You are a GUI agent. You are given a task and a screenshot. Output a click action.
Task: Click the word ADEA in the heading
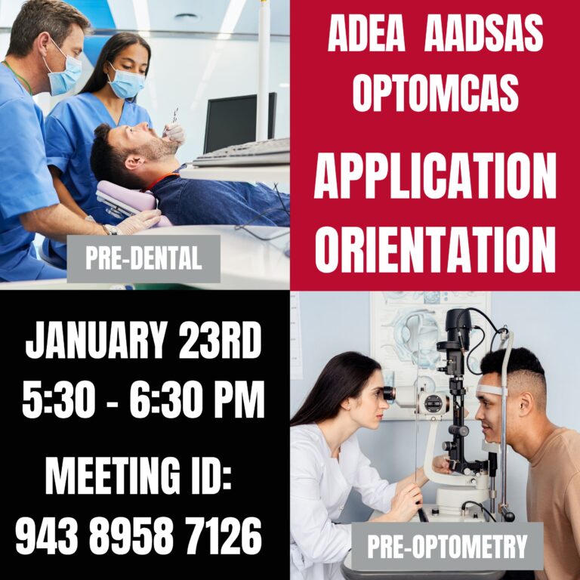point(367,34)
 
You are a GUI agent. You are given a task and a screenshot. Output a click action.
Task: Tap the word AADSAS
point(483,34)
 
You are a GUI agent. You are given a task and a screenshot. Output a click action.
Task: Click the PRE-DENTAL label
point(143,259)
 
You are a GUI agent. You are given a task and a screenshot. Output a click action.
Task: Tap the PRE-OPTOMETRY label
point(447,546)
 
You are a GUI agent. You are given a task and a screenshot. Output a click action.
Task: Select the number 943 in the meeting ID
point(47,536)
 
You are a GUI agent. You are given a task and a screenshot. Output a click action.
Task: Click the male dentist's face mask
point(65,76)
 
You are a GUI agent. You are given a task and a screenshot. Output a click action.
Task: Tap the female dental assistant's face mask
point(125,83)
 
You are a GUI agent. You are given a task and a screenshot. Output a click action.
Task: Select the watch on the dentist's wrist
point(111,229)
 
